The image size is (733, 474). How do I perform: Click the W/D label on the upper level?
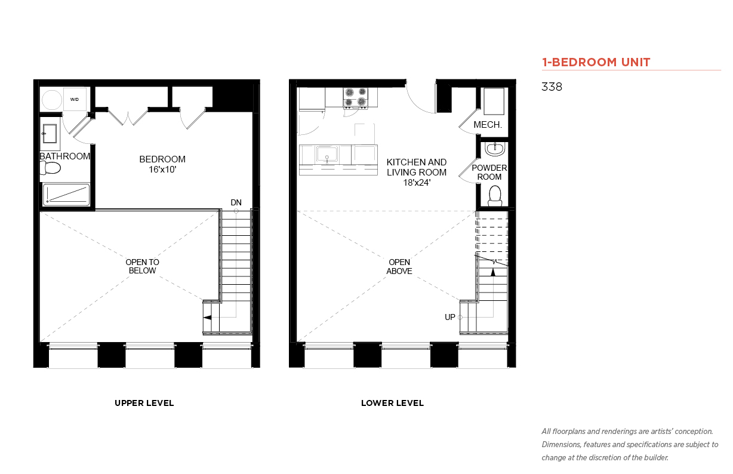tap(74, 100)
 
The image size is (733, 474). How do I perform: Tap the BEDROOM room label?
tap(162, 159)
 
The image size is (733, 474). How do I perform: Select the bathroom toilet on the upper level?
tap(50, 168)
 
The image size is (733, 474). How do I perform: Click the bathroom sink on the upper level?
tap(50, 134)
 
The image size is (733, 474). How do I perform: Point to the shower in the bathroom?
tap(66, 195)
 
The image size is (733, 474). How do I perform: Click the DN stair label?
tap(236, 202)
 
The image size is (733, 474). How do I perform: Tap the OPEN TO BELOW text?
tap(142, 266)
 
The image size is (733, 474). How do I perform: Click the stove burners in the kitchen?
tap(356, 97)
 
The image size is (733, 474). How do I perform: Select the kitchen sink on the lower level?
tap(327, 155)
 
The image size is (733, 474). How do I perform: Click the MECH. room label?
tap(488, 125)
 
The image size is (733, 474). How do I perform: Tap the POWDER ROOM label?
tap(489, 173)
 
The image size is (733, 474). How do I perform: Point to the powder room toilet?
tap(495, 196)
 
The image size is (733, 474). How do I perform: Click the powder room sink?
tap(495, 149)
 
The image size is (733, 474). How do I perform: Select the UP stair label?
tap(450, 317)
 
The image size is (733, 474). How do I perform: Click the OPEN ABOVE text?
tap(399, 267)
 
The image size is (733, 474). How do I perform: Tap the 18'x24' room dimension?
tap(417, 183)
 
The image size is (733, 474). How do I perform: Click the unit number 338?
tap(552, 87)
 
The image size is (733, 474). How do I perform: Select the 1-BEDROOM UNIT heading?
tap(596, 62)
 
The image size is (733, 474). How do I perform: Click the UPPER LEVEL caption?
tap(144, 404)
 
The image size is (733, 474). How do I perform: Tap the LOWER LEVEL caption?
tap(392, 404)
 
